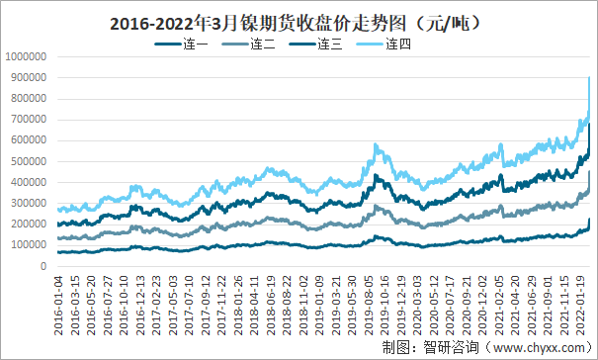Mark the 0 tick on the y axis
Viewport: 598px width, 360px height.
[43, 266]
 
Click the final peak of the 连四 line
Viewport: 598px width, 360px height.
[589, 78]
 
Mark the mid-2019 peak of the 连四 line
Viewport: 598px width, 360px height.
[376, 145]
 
